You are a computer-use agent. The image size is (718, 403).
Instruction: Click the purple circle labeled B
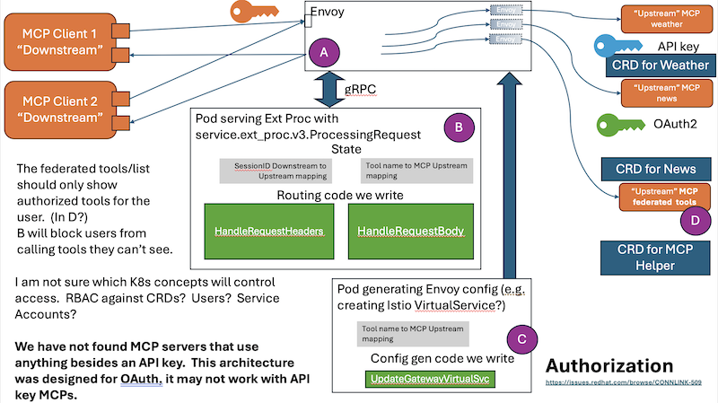(458, 128)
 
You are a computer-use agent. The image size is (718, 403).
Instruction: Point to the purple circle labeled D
(691, 218)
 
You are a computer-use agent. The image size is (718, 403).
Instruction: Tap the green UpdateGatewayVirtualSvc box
(430, 381)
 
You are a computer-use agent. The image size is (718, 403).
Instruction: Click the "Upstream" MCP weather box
(665, 18)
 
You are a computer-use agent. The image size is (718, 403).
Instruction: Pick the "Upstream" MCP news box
(665, 93)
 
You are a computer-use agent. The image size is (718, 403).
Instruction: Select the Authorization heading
(609, 366)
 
